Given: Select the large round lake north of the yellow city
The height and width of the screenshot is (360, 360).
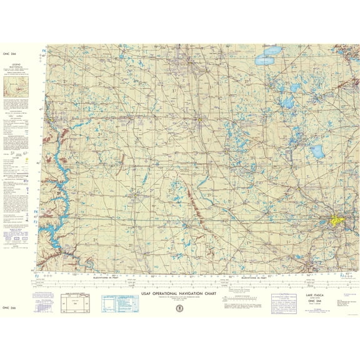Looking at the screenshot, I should tap(317, 151).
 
